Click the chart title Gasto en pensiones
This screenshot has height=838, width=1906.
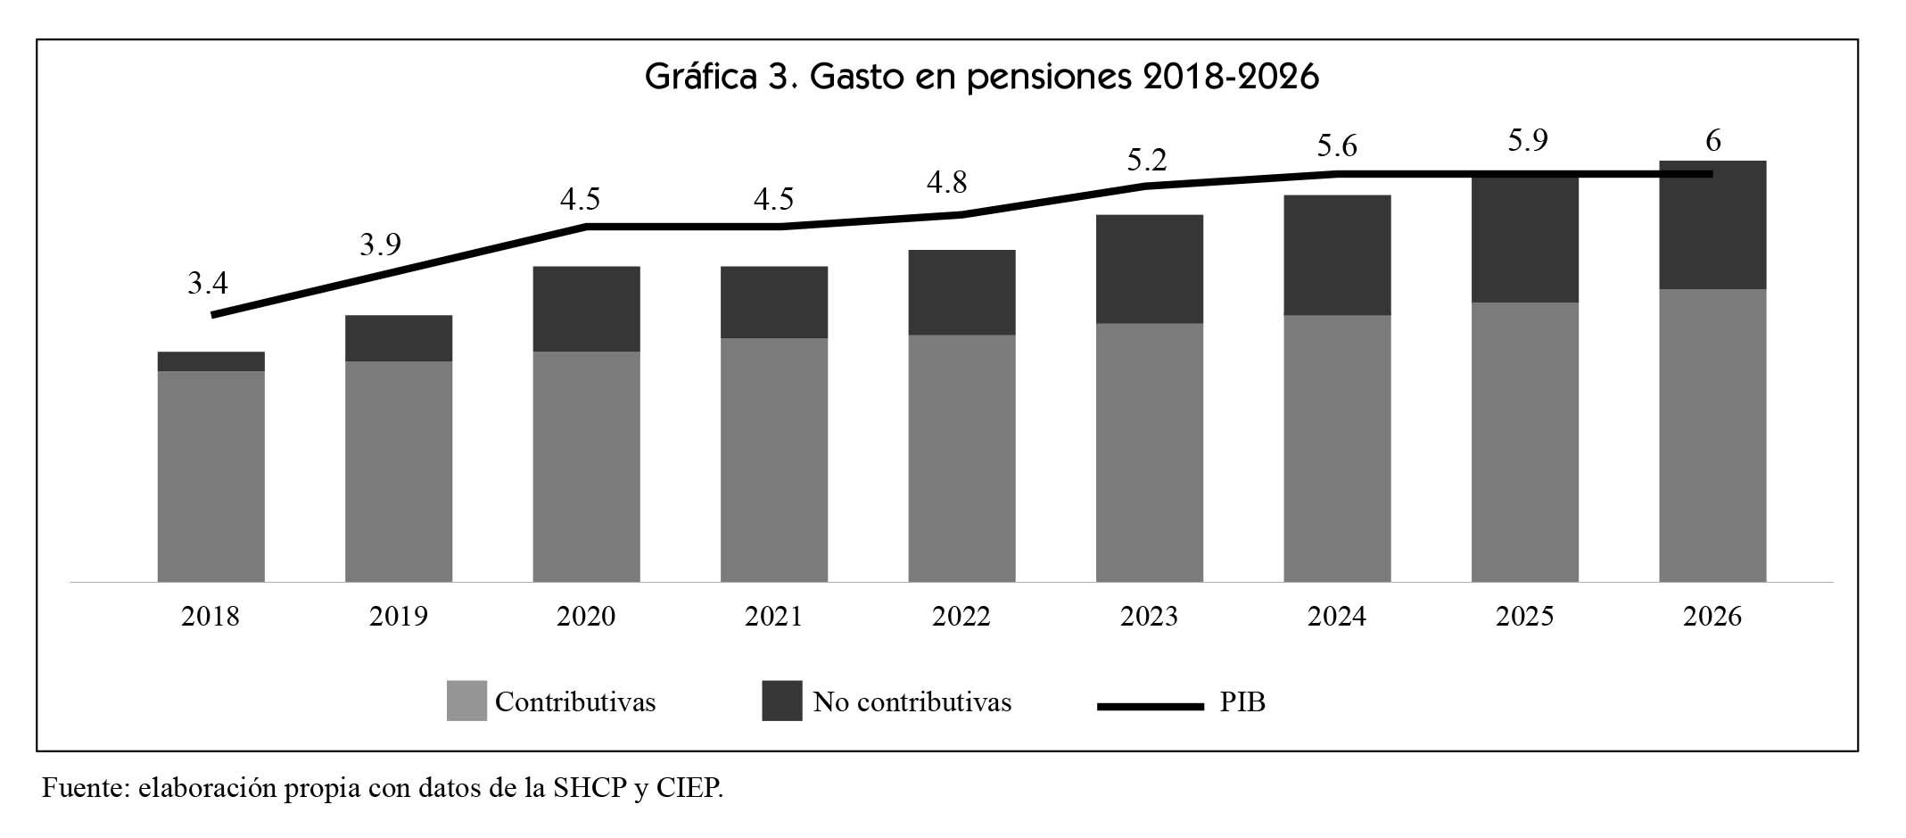[x=981, y=78]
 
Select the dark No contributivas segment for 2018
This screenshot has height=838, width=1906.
[x=210, y=361]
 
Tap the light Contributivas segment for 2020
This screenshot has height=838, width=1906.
[x=586, y=466]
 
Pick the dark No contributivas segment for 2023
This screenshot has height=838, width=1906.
[x=1149, y=269]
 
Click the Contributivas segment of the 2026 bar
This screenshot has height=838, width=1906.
[x=1712, y=435]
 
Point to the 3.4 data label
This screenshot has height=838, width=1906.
[x=208, y=284]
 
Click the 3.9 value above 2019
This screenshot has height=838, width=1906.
[x=380, y=245]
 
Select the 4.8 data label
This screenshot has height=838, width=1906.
[x=946, y=183]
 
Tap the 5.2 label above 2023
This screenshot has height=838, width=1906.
[x=1146, y=161]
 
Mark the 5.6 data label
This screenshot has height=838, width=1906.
[x=1336, y=145]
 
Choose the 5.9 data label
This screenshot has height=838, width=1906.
[x=1527, y=141]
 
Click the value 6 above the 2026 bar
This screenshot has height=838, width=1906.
[x=1712, y=141]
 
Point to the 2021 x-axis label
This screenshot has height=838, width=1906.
[x=773, y=617]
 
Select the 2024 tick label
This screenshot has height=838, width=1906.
[x=1336, y=617]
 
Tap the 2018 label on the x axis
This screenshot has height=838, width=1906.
[x=210, y=617]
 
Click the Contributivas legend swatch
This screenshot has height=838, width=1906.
[x=466, y=701]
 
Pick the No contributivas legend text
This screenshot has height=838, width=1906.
[x=912, y=702]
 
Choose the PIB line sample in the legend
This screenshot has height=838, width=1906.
[x=1150, y=706]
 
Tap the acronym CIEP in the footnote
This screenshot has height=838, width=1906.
[x=687, y=789]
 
